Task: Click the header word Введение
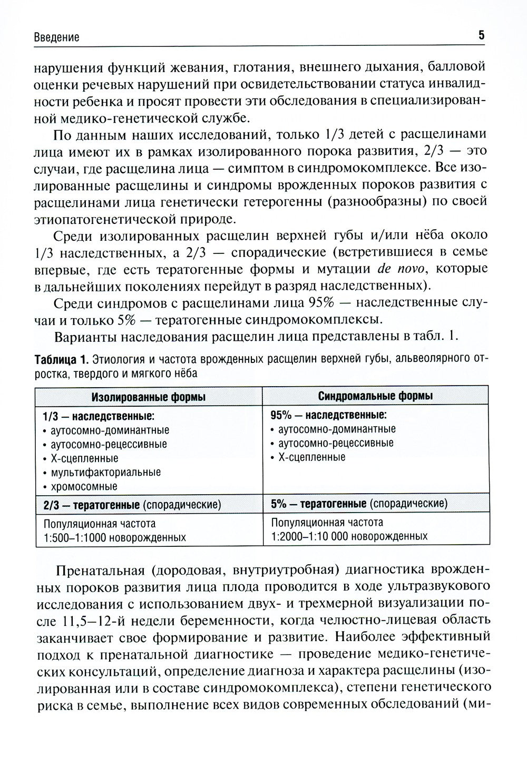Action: tap(56, 37)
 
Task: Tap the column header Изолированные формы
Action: tap(149, 396)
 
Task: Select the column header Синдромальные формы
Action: tap(376, 395)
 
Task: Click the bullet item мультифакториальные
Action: tap(105, 472)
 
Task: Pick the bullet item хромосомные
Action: tap(84, 486)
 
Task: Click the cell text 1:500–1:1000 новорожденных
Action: tap(115, 537)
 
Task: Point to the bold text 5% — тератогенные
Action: tap(319, 503)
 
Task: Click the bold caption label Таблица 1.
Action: tap(61, 360)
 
